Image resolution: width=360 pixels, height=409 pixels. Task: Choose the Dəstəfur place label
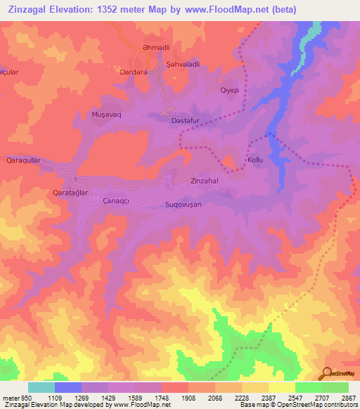tap(188, 120)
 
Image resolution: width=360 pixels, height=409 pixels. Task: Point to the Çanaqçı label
tap(98, 201)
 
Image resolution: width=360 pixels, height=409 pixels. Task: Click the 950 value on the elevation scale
tap(21, 397)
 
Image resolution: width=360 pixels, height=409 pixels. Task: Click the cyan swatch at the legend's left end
tap(41, 387)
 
